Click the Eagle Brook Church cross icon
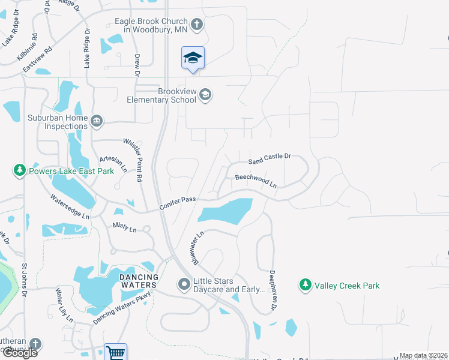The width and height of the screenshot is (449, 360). point(198,25)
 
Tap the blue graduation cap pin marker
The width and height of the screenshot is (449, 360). point(193,58)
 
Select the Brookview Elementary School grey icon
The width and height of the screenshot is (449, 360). point(206,95)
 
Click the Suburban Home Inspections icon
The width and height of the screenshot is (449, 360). point(96,122)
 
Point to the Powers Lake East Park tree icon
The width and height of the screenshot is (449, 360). point(20,171)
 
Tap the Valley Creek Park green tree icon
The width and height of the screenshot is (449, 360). point(306,286)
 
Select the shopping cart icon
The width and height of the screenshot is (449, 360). point(115,353)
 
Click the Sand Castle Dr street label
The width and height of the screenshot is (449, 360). point(270,159)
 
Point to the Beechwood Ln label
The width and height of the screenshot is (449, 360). point(256,181)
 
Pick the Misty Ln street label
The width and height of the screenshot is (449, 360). point(124,227)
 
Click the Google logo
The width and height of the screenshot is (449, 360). point(19,353)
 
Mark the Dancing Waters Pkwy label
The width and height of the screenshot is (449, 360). point(122,308)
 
